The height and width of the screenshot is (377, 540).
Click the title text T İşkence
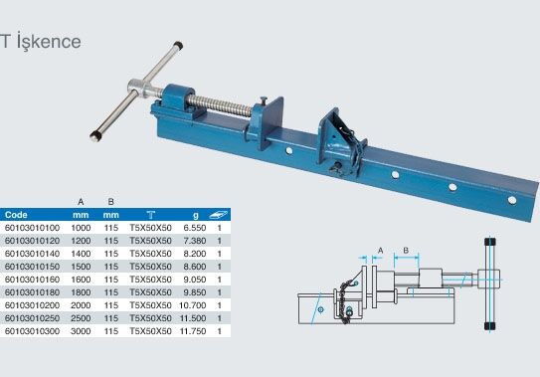[x=41, y=42]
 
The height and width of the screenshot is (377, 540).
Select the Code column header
[x=16, y=215]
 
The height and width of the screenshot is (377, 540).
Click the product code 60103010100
[x=33, y=228]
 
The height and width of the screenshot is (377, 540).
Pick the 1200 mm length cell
[x=81, y=241]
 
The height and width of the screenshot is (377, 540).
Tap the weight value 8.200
[x=195, y=254]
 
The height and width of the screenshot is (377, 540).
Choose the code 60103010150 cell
[x=33, y=267]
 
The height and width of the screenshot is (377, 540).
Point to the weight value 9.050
[x=195, y=280]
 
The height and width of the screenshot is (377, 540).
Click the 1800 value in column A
[x=81, y=292]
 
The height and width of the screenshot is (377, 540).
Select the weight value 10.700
[x=193, y=305]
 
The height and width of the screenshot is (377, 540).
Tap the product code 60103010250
[x=33, y=318]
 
